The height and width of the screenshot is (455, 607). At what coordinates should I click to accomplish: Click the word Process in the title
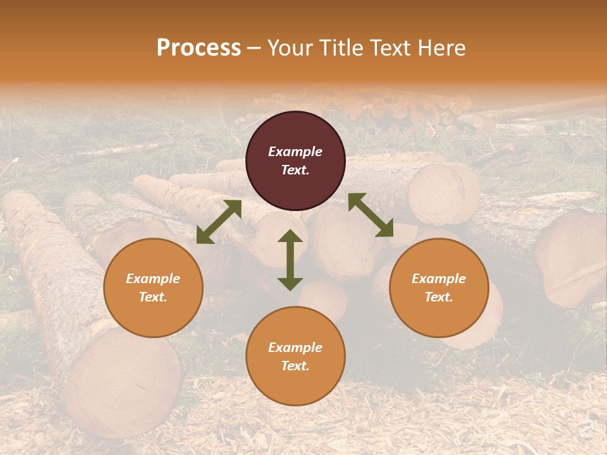click(199, 48)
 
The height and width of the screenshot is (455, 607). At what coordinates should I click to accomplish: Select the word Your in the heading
click(288, 48)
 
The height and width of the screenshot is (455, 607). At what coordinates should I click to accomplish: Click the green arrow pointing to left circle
click(219, 222)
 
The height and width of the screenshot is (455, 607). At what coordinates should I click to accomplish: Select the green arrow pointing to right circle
click(371, 215)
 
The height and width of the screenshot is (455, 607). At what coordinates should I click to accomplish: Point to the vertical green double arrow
click(290, 260)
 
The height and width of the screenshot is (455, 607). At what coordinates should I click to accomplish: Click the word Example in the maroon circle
click(295, 152)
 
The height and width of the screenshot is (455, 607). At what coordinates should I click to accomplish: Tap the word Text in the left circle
click(153, 297)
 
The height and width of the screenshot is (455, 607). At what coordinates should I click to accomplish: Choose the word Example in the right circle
click(439, 279)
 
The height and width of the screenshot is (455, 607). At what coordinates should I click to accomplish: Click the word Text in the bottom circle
click(295, 366)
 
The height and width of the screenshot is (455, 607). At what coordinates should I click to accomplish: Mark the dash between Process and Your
click(254, 48)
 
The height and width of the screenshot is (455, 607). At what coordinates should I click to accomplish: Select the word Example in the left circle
click(153, 279)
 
